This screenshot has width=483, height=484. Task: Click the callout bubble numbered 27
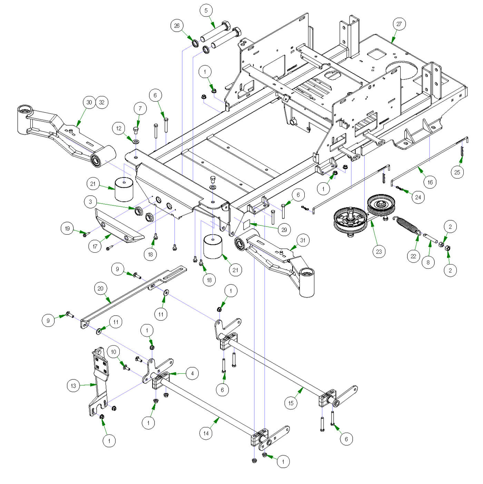[x=399, y=24]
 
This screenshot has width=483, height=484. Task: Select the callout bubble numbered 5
[x=206, y=10]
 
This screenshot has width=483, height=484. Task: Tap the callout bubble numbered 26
[x=177, y=26]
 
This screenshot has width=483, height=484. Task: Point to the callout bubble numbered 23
[x=379, y=252]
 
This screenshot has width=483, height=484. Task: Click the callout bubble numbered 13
[x=73, y=386]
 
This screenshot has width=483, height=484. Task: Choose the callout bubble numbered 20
[x=100, y=289]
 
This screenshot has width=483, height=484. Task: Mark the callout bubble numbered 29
[x=284, y=230]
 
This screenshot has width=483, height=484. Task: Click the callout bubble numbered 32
[x=102, y=102]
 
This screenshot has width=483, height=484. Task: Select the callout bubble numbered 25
[x=457, y=172]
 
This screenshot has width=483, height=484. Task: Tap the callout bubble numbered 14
[x=206, y=433]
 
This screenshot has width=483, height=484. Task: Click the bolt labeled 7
[x=136, y=130]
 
